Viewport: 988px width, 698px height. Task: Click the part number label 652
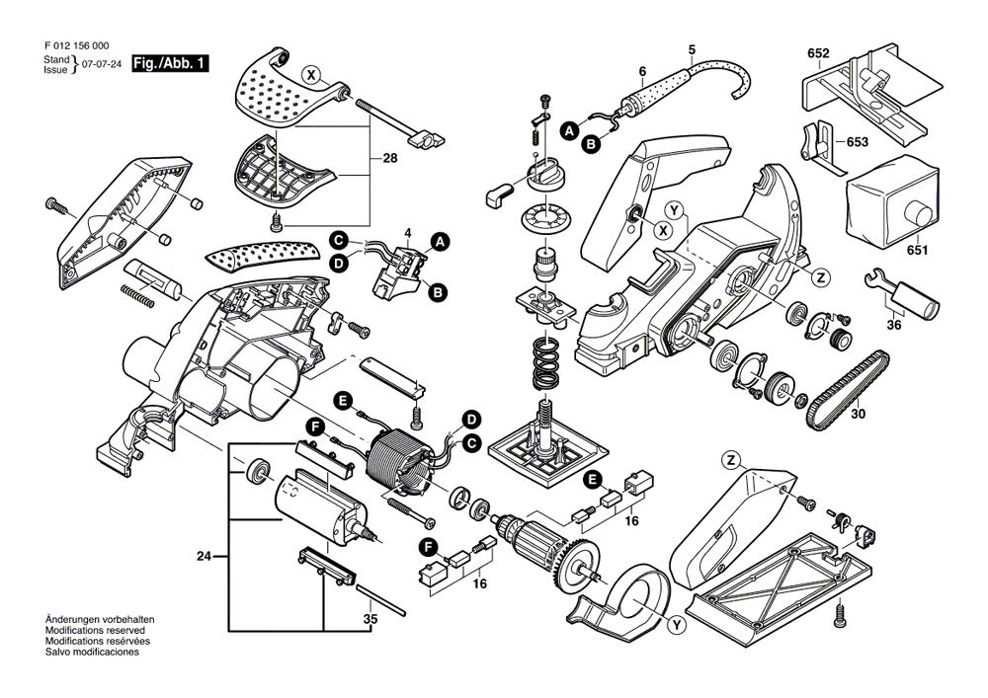[x=817, y=52]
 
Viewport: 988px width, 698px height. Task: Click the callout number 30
[x=858, y=414]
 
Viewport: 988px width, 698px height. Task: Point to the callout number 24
[x=204, y=558]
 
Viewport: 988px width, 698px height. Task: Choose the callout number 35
[x=370, y=620]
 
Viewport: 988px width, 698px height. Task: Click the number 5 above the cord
[x=692, y=49]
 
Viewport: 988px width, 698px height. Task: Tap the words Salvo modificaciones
[x=92, y=653]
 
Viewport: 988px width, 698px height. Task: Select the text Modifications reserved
[x=95, y=629]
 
